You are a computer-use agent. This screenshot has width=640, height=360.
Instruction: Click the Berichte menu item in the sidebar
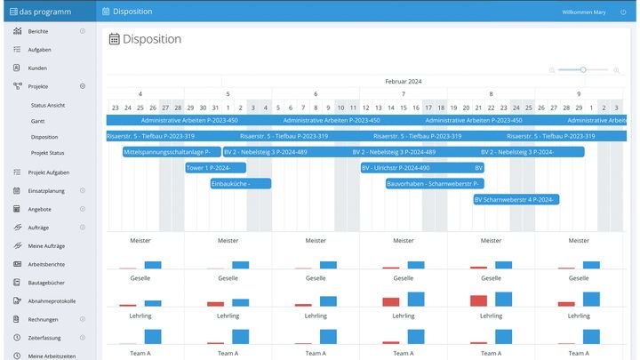pos(38,31)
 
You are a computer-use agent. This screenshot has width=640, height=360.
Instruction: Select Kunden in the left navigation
pos(37,68)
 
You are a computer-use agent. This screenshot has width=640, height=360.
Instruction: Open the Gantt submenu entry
pos(37,121)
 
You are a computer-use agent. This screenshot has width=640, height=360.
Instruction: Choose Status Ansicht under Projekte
pos(48,105)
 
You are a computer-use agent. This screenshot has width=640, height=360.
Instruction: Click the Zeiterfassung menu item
pos(45,337)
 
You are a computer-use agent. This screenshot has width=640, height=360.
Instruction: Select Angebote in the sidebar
pos(40,209)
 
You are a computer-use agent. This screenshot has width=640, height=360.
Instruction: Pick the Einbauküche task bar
pos(240,184)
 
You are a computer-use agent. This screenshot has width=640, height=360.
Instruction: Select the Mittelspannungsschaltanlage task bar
pos(172,152)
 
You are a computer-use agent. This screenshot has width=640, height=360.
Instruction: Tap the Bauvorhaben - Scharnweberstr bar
pos(434,184)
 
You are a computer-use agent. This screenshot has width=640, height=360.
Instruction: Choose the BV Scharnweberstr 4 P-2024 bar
pos(516,200)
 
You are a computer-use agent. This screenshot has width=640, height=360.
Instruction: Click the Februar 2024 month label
pos(403,82)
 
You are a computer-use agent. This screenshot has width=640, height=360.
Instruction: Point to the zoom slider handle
pos(583,69)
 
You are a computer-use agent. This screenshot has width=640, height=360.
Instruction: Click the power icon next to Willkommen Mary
pos(623,12)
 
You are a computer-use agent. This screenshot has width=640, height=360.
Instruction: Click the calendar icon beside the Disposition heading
pos(114,39)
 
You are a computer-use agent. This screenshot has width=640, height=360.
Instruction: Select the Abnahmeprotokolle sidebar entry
pos(52,300)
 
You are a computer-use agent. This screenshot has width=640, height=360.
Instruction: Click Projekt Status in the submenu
pos(47,153)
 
